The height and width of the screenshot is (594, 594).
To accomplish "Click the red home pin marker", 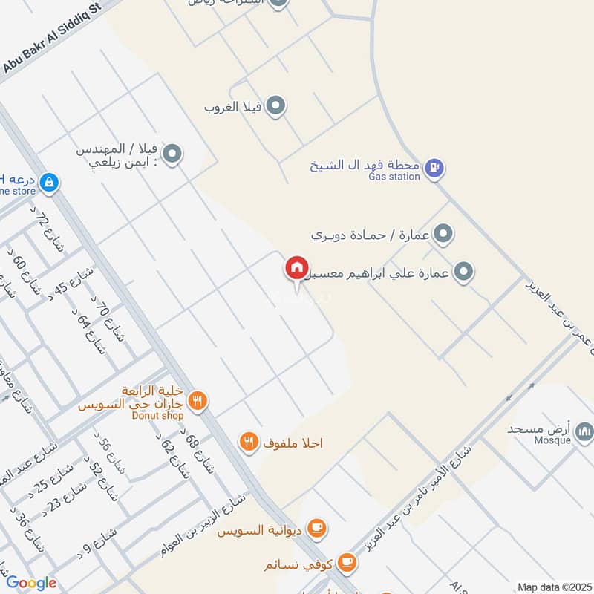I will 296,267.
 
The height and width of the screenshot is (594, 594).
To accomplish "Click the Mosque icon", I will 585,431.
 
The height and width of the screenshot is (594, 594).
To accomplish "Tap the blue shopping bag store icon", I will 49,182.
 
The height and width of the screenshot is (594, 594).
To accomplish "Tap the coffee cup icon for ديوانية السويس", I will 317,528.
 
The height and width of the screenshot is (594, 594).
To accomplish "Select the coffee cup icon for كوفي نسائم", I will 346,561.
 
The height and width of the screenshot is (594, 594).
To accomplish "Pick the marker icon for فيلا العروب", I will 276,105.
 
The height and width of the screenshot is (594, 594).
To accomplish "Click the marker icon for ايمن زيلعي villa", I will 172,154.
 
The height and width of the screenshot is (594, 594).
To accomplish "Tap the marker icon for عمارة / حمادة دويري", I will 443,235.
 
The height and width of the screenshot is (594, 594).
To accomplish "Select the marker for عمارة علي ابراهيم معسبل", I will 465,272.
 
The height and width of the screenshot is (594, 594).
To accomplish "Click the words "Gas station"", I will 394,177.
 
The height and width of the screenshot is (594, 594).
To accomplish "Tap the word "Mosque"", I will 552,440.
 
